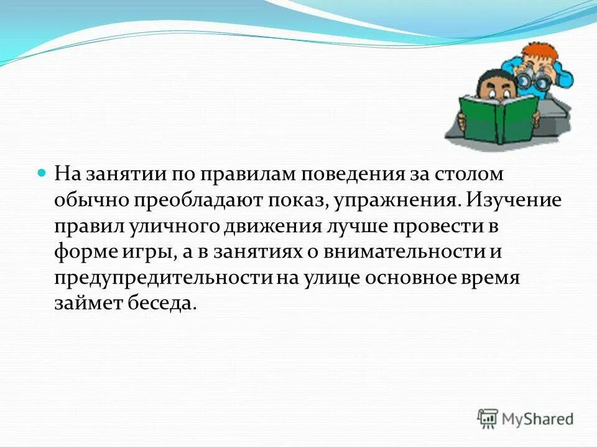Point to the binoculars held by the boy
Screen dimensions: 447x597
point(536,78)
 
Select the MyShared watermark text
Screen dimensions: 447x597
point(538,418)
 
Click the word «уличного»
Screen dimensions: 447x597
point(167,227)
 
